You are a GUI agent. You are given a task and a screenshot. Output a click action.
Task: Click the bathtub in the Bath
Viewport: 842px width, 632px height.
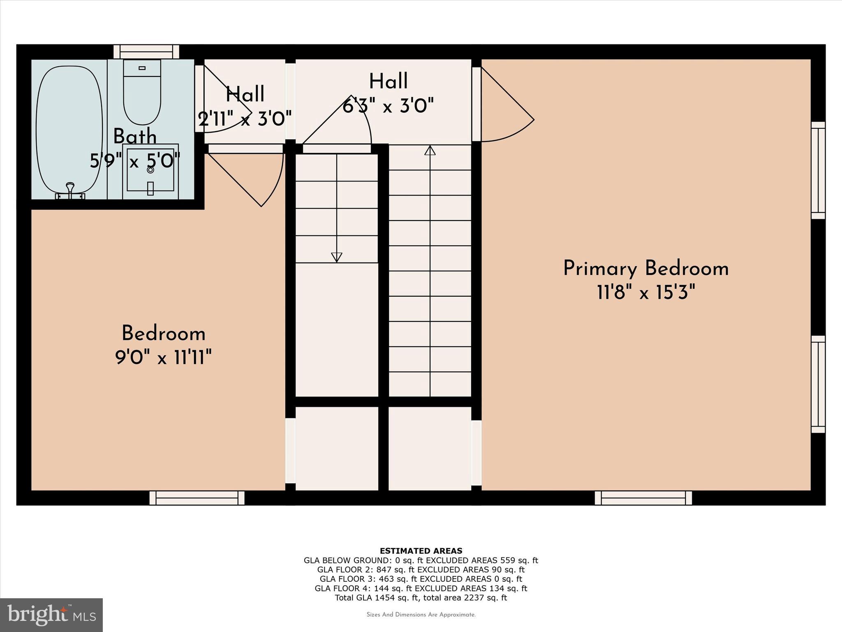(69, 130)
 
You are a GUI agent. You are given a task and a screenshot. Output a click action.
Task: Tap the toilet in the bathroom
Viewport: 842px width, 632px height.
(142, 93)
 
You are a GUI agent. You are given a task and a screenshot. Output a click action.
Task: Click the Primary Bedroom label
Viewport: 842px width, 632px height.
(645, 269)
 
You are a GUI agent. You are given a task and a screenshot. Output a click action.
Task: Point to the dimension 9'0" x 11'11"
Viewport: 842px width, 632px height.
(163, 357)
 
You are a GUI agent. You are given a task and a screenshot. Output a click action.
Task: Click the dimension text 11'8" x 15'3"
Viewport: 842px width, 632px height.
(645, 293)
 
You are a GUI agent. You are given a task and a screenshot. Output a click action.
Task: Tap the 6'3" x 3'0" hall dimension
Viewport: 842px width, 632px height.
(388, 107)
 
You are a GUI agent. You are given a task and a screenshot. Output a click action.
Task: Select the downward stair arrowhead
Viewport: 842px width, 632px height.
(336, 257)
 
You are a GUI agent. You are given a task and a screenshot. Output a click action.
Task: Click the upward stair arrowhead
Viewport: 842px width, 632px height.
(430, 151)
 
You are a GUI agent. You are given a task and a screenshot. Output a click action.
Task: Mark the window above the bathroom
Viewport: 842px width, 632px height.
(146, 51)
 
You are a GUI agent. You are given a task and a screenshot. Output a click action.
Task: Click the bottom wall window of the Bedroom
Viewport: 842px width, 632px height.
(197, 498)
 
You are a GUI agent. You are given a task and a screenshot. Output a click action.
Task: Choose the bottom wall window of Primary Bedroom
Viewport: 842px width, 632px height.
(643, 498)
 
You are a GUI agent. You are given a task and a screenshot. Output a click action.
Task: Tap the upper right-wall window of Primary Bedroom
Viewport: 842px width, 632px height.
(818, 170)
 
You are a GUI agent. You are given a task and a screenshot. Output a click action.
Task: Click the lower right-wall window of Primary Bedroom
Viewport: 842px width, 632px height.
(818, 384)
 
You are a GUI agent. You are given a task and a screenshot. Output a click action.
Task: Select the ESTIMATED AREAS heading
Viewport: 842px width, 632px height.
(421, 551)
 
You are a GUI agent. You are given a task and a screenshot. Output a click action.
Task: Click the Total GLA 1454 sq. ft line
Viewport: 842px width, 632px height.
(421, 598)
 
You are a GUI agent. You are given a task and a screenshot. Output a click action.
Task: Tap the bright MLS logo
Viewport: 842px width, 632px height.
(51, 615)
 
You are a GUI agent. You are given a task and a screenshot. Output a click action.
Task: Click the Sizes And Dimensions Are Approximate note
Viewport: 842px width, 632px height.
(421, 615)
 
